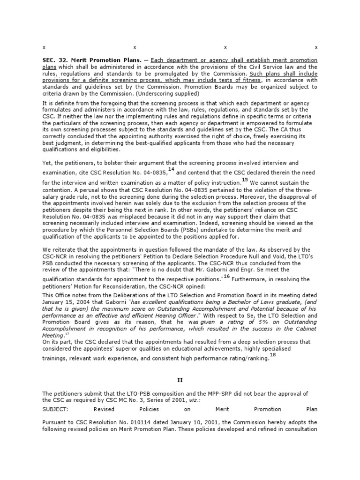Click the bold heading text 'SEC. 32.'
[x=53, y=61]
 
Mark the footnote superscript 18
[x=273, y=355]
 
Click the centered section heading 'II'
[x=180, y=381]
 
